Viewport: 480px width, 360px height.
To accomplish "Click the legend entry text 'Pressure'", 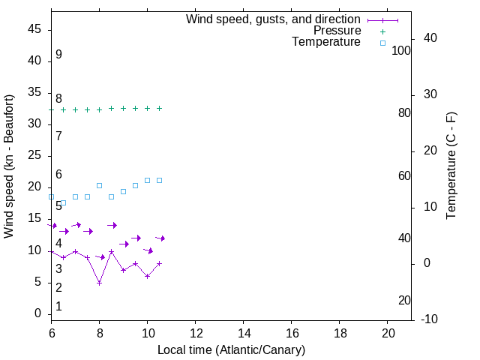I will coord(337,31).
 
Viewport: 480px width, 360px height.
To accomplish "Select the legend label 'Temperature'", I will coord(326,42).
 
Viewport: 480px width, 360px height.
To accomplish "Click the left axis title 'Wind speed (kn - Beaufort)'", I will coord(9,166).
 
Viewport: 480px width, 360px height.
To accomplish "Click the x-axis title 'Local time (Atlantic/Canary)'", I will coord(231,349).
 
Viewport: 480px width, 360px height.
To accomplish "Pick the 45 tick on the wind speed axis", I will coord(34,29).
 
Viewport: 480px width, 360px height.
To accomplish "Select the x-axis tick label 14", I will coord(244,331).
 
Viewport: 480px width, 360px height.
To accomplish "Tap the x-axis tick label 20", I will coord(388,331).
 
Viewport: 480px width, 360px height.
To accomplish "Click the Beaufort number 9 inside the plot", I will coord(58,55).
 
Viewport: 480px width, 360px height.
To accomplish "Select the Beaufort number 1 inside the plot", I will coord(58,307).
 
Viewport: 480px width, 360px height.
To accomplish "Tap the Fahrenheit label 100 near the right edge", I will coord(401,51).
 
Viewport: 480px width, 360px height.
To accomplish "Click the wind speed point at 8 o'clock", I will coord(99,283).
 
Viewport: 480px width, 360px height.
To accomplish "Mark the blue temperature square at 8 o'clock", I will coord(99,185).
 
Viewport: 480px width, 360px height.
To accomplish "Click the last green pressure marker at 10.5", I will coord(159,108).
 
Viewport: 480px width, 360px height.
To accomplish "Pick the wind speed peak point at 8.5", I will coord(111,251).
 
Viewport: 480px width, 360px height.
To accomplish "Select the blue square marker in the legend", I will coord(382,43).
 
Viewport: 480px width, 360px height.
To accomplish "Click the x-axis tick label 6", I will coord(52,331).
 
